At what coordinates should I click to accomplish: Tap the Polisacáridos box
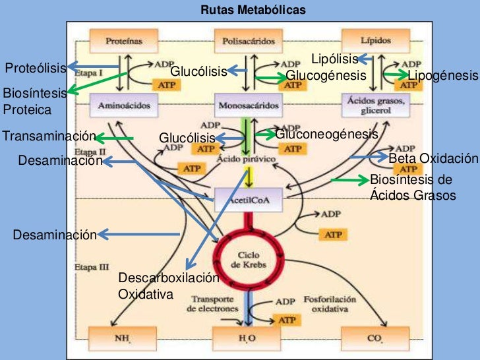click(248, 40)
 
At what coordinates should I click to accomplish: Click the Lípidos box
click(371, 40)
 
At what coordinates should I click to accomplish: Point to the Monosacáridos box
click(248, 105)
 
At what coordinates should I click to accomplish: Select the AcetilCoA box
click(248, 198)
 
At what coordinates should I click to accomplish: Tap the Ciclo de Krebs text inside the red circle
click(248, 259)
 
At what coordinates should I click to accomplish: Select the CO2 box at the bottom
click(374, 340)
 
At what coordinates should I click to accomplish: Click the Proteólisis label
click(36, 67)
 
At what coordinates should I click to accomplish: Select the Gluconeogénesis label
click(326, 135)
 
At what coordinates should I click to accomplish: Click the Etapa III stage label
click(86, 268)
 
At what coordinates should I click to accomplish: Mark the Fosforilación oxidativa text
click(330, 303)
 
